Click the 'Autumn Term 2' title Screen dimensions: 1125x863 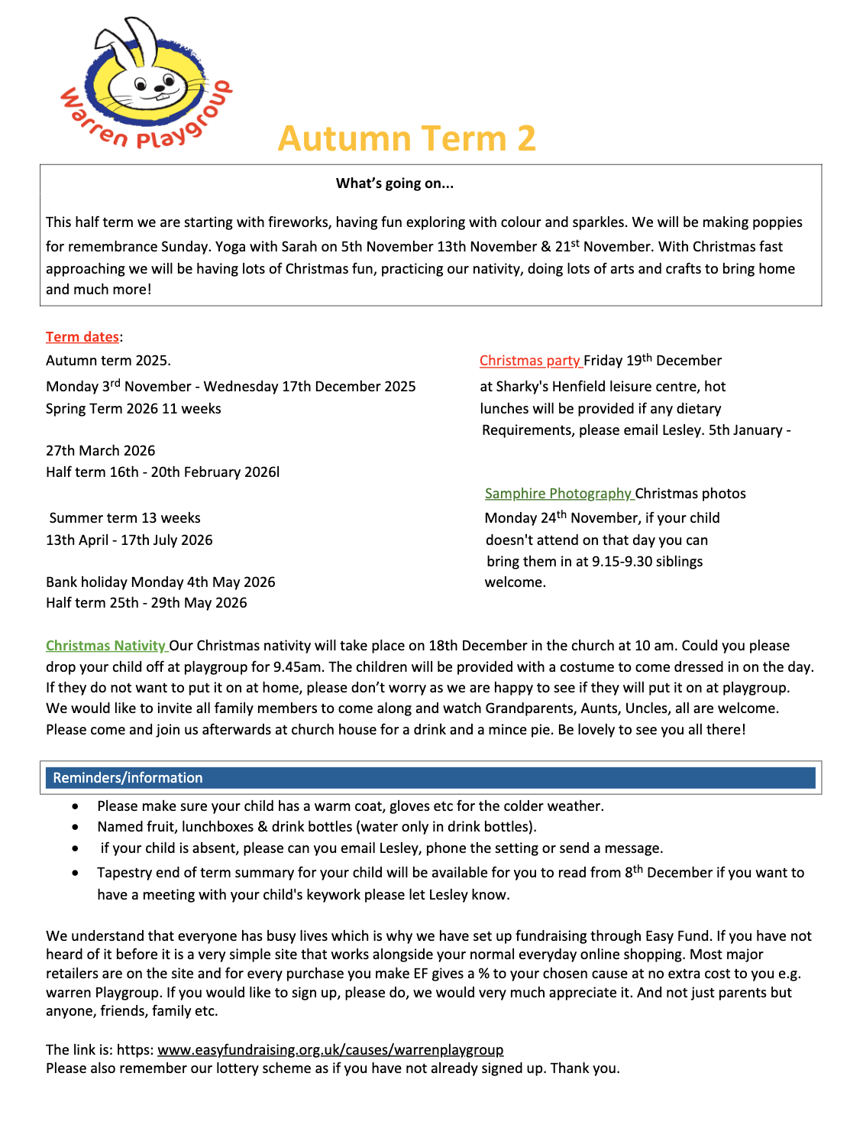[407, 138]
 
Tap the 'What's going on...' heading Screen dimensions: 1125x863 [394, 183]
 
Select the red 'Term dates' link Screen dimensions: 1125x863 [82, 337]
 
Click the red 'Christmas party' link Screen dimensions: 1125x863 [530, 361]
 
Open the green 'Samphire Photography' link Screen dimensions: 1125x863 [558, 494]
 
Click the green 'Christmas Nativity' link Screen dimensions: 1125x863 [105, 646]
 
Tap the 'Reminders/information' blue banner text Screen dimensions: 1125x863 [128, 778]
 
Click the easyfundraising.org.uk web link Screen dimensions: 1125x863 [330, 1050]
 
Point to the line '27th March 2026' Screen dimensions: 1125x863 [100, 451]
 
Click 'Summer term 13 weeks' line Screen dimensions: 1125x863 [124, 518]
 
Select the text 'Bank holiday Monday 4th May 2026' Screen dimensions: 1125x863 [160, 582]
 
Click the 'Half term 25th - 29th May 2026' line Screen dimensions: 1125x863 [147, 603]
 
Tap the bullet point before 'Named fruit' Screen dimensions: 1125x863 [75, 827]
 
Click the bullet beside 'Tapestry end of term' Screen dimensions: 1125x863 [75, 873]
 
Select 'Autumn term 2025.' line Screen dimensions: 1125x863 [108, 361]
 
